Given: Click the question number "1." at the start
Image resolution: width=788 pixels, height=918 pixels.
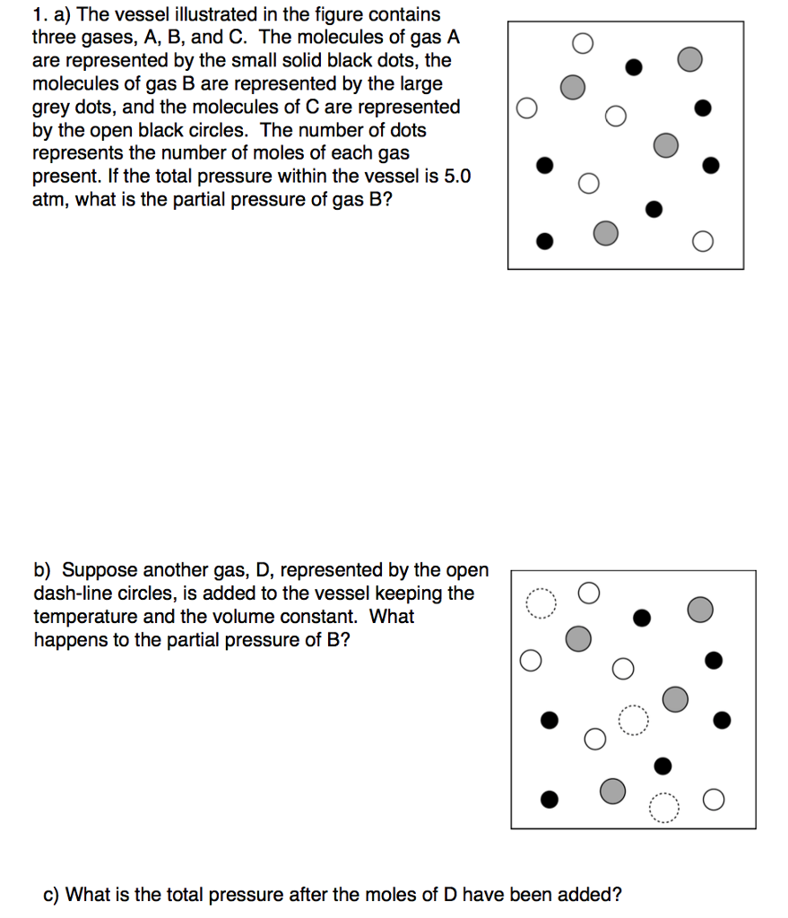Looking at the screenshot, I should pos(39,15).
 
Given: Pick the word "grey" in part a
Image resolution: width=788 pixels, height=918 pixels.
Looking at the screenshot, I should pos(51,108).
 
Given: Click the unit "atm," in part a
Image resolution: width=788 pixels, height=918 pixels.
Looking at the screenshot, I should pos(50,200).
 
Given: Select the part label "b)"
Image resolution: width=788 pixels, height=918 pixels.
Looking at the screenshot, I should pos(43,570).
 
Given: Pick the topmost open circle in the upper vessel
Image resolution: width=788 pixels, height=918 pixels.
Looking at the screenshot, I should pos(583,42).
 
